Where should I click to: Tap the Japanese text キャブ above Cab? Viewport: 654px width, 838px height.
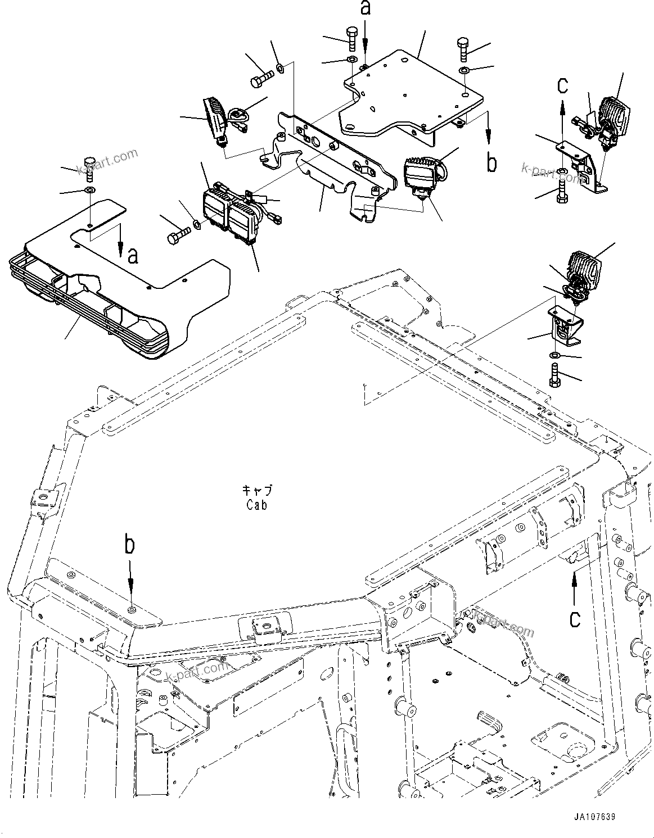[x=256, y=490]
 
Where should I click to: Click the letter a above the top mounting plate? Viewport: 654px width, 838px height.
[x=366, y=9]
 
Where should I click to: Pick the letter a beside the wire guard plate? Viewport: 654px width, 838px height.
[x=133, y=256]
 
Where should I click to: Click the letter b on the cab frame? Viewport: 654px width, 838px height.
[x=130, y=545]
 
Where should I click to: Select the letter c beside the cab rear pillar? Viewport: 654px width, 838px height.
[x=574, y=619]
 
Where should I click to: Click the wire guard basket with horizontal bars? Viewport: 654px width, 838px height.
[x=84, y=315]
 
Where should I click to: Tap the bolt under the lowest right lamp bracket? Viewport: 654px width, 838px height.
[x=556, y=376]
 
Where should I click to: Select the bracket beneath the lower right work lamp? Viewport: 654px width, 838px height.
[x=565, y=326]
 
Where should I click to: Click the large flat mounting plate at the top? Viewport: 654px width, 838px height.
[x=411, y=93]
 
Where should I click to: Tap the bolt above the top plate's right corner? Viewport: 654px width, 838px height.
[x=463, y=50]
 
